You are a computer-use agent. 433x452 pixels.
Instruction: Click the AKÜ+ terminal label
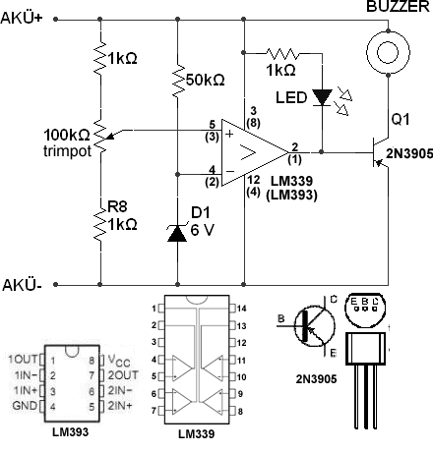click(22, 19)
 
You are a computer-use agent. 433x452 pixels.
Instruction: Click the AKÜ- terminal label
click(22, 285)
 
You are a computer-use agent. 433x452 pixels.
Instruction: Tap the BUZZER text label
click(398, 7)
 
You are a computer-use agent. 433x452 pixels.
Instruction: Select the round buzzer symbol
click(388, 52)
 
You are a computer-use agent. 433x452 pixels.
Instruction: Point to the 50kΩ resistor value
click(205, 80)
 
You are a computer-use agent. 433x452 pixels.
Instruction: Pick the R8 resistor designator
click(117, 206)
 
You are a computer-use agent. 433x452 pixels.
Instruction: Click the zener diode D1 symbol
click(177, 233)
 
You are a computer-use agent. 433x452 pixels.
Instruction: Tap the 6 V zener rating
click(202, 230)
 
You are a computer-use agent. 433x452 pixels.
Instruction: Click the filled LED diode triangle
click(322, 97)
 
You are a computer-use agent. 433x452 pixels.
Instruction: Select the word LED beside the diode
click(291, 97)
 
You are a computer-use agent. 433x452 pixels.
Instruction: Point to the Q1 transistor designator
click(401, 119)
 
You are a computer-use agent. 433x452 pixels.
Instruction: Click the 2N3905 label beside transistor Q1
click(409, 154)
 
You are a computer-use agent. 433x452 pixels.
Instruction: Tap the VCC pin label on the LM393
click(119, 361)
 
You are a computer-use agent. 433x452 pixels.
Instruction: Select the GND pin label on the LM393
click(25, 406)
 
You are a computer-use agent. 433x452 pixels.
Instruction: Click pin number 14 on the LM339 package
click(241, 309)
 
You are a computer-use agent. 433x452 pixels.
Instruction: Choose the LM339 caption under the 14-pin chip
click(196, 434)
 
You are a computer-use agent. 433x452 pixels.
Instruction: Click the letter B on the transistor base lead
click(281, 318)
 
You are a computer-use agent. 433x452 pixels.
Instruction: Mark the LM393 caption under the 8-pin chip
click(70, 432)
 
